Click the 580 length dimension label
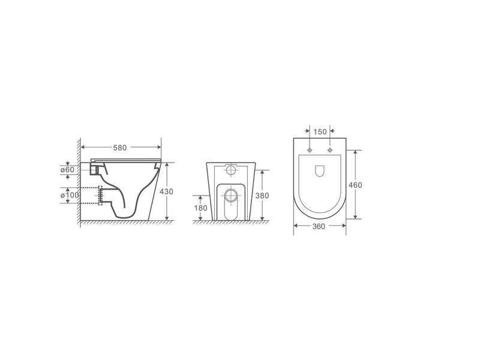121,146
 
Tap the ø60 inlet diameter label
67,169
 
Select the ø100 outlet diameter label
68,195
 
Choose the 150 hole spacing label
320,131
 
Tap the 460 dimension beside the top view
356,185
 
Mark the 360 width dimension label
319,227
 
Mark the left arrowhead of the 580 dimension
83,146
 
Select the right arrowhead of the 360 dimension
344,227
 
